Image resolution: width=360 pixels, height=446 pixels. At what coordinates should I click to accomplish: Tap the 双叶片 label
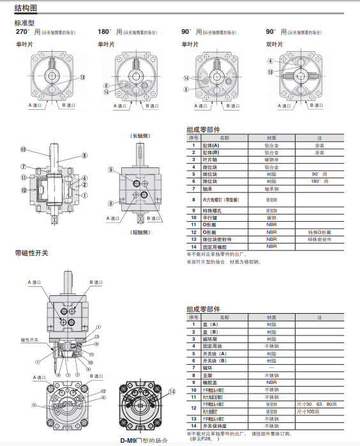[274, 44]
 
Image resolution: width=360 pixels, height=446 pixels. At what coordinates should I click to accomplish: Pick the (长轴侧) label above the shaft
[139, 137]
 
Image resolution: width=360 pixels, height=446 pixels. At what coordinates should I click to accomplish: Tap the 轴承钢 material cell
[271, 189]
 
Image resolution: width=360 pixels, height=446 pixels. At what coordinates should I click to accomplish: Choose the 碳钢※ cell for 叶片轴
[271, 159]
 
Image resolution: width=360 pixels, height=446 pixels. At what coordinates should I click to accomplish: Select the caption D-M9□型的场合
[144, 440]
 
